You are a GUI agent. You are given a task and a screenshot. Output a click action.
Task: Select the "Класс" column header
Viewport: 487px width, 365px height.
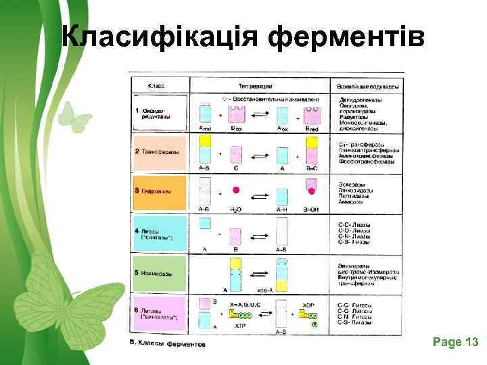pyautogui.click(x=158, y=86)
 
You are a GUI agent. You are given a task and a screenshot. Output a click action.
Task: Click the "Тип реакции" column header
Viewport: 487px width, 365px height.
pyautogui.click(x=255, y=86)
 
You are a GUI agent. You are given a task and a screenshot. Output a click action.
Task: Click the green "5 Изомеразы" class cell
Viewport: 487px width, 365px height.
pyautogui.click(x=159, y=273)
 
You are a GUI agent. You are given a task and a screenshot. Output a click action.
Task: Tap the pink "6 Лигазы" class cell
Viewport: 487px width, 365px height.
pyautogui.click(x=159, y=314)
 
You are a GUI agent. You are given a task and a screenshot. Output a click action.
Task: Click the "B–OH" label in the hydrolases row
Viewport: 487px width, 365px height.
pyautogui.click(x=311, y=210)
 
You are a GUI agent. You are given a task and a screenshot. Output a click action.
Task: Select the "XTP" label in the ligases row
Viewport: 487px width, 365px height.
pyautogui.click(x=240, y=325)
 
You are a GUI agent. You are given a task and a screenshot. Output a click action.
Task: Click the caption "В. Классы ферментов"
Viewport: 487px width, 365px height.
pyautogui.click(x=168, y=344)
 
